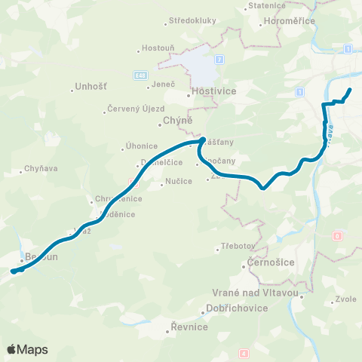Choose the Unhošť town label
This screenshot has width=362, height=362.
pos(91,87)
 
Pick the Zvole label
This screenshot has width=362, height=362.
pos(346,299)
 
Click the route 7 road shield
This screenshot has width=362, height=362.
pos(219,59)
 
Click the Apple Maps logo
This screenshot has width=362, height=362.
pos(27,349)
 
